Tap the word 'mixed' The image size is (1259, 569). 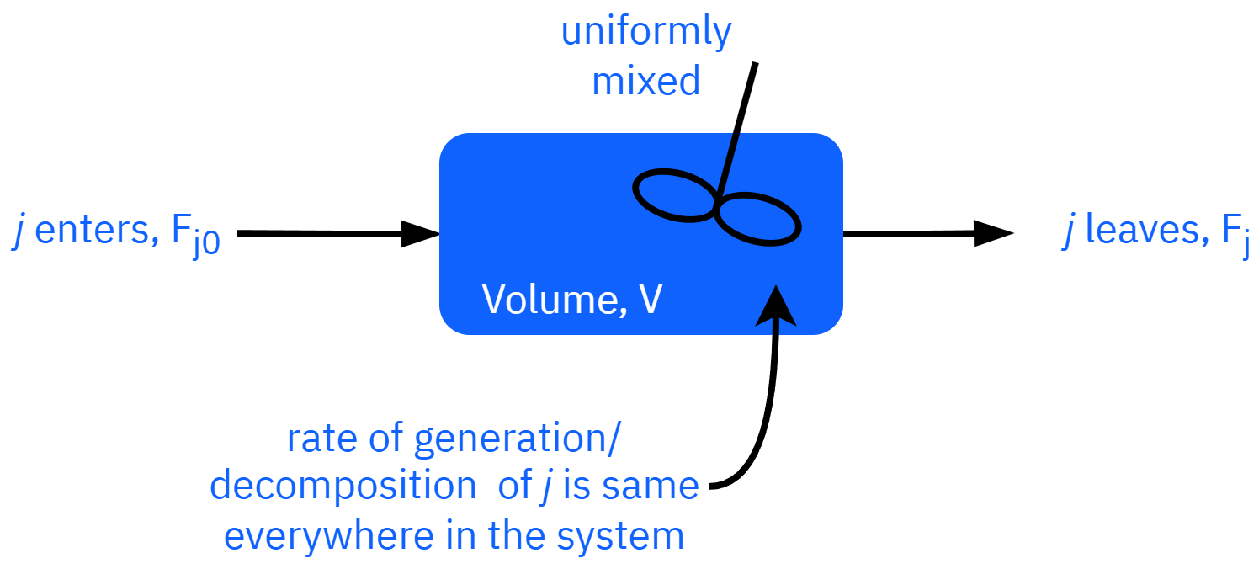point(646,82)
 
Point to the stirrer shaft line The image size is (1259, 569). point(730,160)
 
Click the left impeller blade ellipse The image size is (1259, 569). point(675,195)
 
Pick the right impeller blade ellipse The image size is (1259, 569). point(757,218)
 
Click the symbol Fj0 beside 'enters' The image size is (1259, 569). point(195,237)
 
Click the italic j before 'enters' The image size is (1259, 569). point(19,232)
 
